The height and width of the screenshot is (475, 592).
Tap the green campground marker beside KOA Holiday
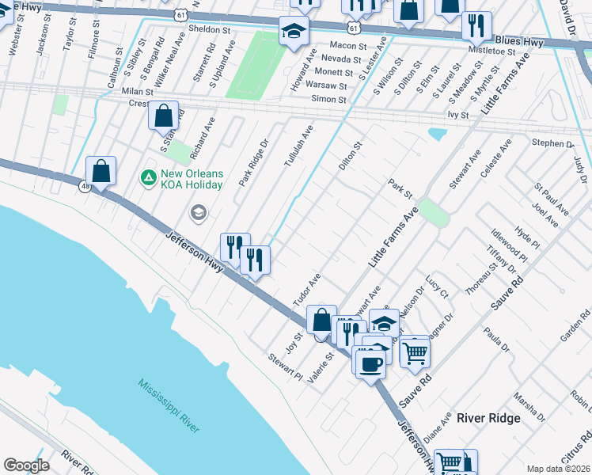click(147, 175)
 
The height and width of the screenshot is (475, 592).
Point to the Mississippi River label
click(168, 405)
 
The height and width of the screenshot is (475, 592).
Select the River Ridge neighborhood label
click(488, 418)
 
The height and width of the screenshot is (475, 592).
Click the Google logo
click(26, 465)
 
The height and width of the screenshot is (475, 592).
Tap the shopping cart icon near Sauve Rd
click(415, 351)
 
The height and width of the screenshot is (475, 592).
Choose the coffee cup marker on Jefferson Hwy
click(370, 363)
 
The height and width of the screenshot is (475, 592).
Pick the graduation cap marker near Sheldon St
click(294, 32)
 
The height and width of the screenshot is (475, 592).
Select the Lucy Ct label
click(436, 287)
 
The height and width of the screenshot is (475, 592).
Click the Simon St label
click(329, 100)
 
